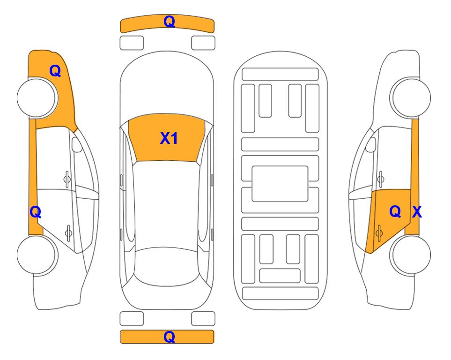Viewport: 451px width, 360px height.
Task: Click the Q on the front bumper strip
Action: [170, 22]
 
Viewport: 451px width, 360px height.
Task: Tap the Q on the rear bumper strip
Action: [170, 337]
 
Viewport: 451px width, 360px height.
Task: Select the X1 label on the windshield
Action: [169, 138]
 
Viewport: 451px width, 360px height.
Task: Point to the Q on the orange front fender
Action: [55, 71]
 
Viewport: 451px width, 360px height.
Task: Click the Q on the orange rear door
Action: [395, 212]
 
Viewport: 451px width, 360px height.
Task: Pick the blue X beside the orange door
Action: [417, 212]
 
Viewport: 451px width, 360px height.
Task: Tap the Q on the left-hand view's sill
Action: [36, 212]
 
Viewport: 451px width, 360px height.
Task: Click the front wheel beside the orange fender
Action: [37, 97]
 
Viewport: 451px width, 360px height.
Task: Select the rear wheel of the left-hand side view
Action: [37, 255]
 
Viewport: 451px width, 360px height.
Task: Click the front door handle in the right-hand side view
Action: [381, 179]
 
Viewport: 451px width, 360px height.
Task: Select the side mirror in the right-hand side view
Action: [370, 144]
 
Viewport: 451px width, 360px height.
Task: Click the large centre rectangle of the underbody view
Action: [280, 184]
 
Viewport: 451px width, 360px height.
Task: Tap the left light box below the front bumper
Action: [132, 43]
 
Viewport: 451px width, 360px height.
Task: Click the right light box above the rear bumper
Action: [203, 319]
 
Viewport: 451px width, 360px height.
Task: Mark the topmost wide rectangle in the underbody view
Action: [280, 75]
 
